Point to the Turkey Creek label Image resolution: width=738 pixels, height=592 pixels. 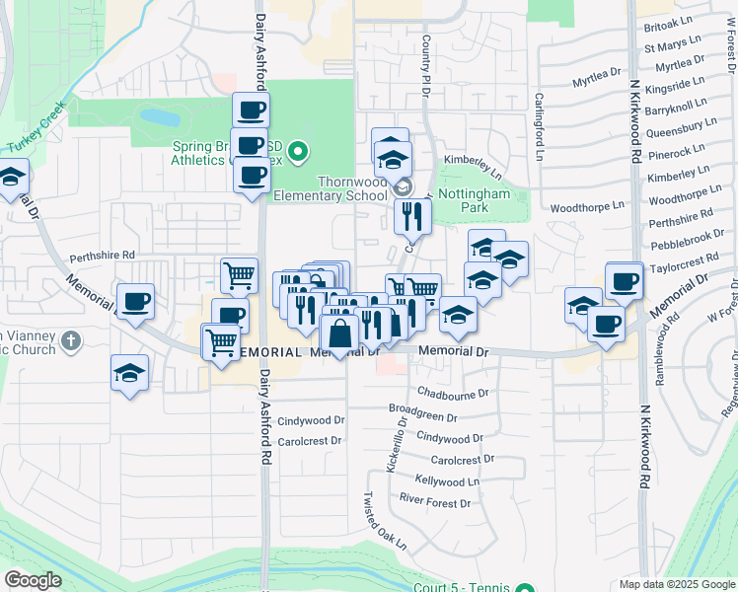pos(37,126)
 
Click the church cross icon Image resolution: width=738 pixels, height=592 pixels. pos(70,341)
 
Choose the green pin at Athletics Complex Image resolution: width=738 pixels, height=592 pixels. pos(302,152)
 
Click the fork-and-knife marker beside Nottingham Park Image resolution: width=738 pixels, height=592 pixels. pos(412,216)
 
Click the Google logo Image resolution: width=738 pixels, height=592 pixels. pos(33,579)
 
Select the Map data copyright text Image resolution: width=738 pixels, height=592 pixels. pos(677,584)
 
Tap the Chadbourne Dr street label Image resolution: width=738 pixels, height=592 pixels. pos(453,393)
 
